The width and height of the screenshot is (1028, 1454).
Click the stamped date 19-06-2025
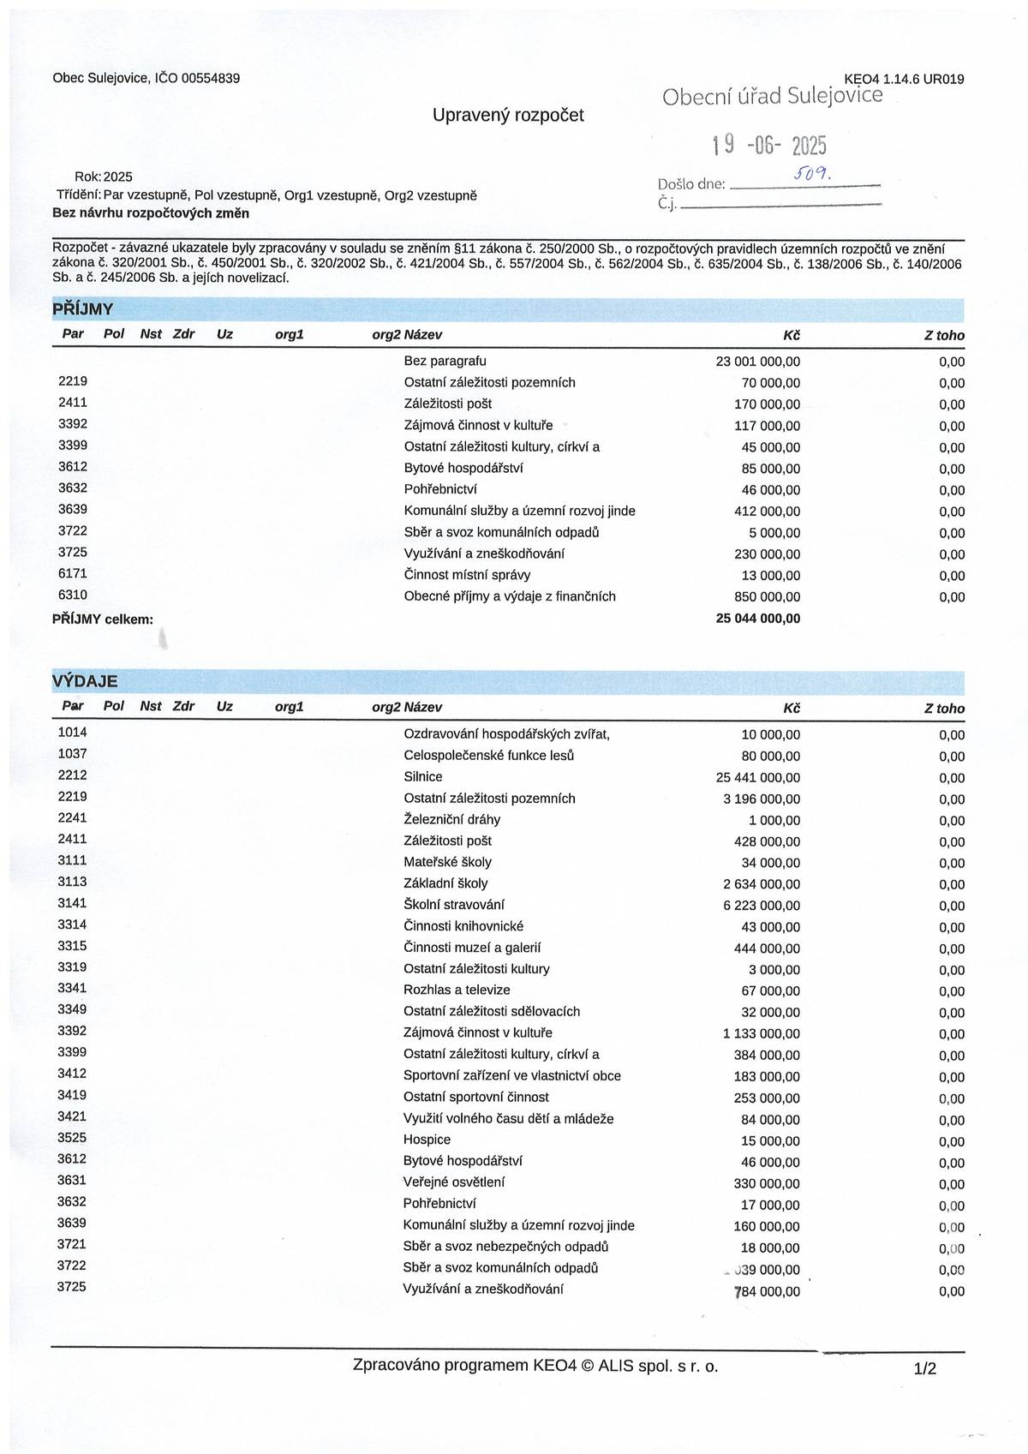point(769,145)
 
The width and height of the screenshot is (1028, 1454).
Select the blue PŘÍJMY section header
point(83,309)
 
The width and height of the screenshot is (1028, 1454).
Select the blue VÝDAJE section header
point(85,681)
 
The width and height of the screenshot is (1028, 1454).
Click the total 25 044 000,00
point(757,619)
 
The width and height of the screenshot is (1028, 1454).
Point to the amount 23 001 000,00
point(757,362)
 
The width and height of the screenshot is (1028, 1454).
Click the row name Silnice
point(422,777)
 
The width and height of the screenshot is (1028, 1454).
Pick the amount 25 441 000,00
point(757,777)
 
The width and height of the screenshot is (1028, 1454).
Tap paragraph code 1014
point(72,733)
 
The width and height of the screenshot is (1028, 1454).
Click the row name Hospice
point(427,1140)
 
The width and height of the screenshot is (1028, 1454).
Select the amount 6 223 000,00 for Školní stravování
point(762,906)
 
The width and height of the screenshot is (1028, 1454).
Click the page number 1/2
point(925,1369)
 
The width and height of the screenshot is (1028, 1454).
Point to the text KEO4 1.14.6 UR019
point(904,79)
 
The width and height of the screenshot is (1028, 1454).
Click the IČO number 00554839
point(210,78)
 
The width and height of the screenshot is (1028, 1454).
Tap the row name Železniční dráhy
point(451,819)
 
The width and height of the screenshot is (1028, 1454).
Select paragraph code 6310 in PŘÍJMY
point(72,595)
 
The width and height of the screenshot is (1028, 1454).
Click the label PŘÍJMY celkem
point(103,619)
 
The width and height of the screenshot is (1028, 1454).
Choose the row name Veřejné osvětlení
point(453,1182)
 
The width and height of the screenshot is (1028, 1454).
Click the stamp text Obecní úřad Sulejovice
point(772,96)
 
